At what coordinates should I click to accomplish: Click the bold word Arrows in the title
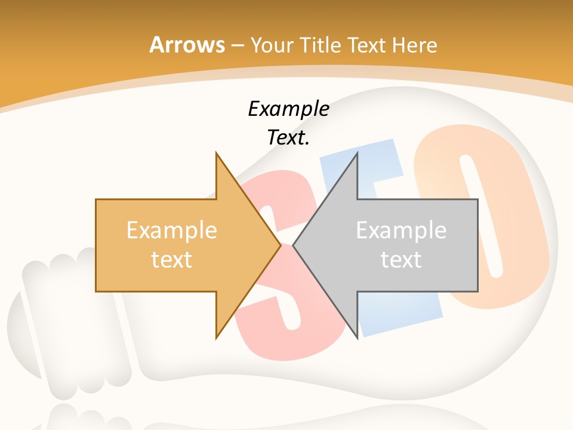[x=187, y=45]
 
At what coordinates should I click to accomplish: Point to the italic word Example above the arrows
[x=288, y=109]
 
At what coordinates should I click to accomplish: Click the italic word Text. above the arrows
[x=288, y=137]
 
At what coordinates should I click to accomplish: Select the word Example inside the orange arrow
[x=172, y=231]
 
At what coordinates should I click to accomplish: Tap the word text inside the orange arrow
[x=172, y=260]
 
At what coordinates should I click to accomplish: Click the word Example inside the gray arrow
[x=401, y=231]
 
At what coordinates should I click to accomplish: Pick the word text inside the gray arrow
[x=401, y=260]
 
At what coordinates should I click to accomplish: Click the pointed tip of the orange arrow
[x=280, y=245]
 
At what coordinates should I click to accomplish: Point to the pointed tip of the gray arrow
[x=294, y=245]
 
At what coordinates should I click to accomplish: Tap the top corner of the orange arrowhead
[x=216, y=153]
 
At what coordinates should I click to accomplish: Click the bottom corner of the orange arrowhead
[x=216, y=337]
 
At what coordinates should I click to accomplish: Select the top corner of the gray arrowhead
[x=358, y=153]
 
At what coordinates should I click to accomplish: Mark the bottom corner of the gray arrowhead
[x=358, y=337]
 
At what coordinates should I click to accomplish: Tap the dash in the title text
[x=237, y=45]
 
